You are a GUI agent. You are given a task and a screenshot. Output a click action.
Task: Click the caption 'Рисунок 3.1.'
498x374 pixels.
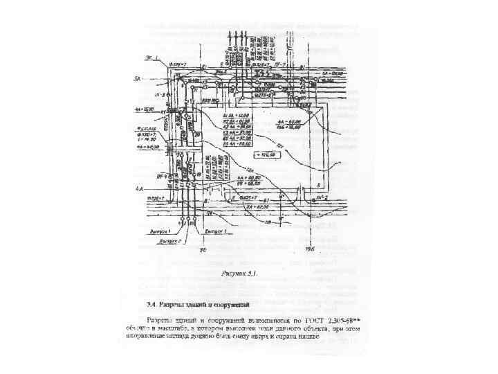[x=239, y=274]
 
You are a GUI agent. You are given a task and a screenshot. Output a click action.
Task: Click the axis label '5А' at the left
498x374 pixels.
[x=137, y=79]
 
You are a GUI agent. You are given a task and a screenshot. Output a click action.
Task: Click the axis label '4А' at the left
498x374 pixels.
[x=138, y=189]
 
